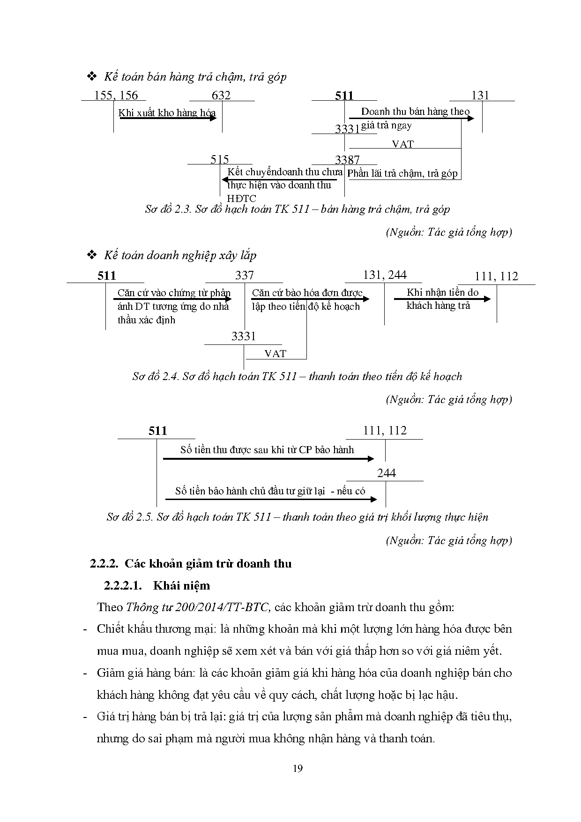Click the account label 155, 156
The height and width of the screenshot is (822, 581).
pyautogui.click(x=116, y=96)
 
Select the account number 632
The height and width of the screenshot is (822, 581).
pyautogui.click(x=221, y=96)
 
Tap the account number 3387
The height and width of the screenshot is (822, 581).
pyautogui.click(x=347, y=160)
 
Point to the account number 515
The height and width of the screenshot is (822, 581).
pyautogui.click(x=220, y=159)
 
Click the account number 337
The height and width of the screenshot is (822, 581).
pyautogui.click(x=244, y=275)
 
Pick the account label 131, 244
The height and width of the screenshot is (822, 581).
pyautogui.click(x=385, y=275)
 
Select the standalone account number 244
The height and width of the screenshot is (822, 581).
pyautogui.click(x=387, y=473)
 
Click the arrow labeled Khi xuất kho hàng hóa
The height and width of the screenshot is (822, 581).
pyautogui.click(x=168, y=118)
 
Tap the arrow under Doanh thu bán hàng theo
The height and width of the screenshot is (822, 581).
pyautogui.click(x=410, y=118)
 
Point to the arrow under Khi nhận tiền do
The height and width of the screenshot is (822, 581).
pyautogui.click(x=442, y=299)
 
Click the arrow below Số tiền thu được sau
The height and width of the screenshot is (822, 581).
pyautogui.click(x=268, y=459)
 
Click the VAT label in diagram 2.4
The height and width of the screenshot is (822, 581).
pyautogui.click(x=275, y=354)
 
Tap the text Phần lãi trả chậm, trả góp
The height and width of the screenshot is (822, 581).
pyautogui.click(x=402, y=173)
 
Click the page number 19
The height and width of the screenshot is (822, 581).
pyautogui.click(x=297, y=768)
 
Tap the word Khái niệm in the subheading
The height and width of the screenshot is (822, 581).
pyautogui.click(x=182, y=586)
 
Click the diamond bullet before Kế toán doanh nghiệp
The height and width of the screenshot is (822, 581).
pyautogui.click(x=92, y=255)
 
